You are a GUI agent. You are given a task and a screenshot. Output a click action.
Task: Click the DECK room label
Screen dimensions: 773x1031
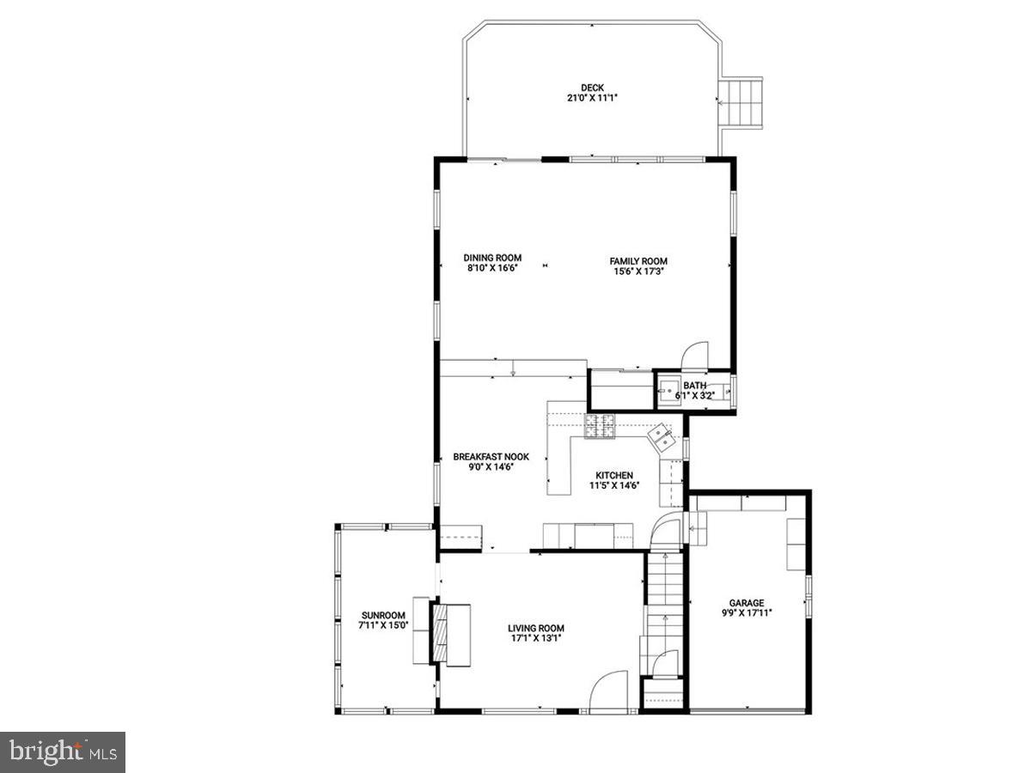[592, 88]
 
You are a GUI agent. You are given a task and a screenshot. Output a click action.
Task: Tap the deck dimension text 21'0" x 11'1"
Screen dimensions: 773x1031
[592, 98]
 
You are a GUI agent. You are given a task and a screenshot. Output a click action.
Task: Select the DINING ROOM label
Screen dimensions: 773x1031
[492, 259]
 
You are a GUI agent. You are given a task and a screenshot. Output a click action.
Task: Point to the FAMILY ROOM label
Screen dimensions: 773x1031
[638, 261]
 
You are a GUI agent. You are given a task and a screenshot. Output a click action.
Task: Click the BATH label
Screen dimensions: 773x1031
[694, 386]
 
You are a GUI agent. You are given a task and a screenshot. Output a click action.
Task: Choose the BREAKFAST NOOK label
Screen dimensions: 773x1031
[491, 457]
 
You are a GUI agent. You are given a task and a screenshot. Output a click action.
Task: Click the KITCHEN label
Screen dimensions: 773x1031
[614, 475]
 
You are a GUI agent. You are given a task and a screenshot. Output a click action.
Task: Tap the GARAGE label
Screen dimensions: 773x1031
[747, 603]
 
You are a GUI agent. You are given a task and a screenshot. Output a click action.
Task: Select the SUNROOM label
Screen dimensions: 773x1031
[382, 615]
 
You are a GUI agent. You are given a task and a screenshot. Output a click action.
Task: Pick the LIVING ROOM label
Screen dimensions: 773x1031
[535, 628]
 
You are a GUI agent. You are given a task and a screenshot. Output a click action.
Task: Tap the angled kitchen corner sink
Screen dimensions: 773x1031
[663, 436]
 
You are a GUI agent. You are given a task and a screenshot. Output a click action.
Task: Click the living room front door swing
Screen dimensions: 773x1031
[612, 691]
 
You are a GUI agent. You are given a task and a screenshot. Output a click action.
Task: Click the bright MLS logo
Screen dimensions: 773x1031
[63, 752]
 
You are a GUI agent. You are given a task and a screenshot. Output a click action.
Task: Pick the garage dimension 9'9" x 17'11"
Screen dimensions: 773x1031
[747, 613]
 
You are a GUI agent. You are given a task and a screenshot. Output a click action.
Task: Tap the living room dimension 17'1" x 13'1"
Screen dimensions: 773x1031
[535, 638]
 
